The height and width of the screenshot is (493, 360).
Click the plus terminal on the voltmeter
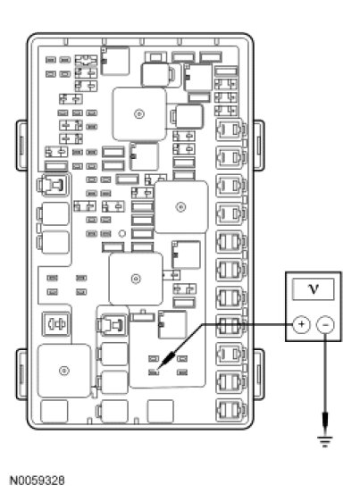(x=302, y=324)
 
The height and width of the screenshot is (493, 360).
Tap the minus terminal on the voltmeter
(x=325, y=325)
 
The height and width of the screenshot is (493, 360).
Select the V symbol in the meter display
(x=314, y=288)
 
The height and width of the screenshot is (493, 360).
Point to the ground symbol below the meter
(x=325, y=441)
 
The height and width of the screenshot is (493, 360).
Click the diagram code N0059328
(x=38, y=480)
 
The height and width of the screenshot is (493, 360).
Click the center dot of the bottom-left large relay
(x=63, y=371)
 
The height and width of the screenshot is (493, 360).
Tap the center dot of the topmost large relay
(x=139, y=113)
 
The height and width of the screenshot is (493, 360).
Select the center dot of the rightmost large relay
(x=180, y=207)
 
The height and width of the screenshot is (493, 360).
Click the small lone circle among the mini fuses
(x=122, y=234)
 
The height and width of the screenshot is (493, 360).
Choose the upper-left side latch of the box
(x=22, y=146)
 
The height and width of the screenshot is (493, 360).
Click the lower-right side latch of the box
(x=259, y=374)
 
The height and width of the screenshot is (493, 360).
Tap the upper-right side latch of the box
(x=259, y=146)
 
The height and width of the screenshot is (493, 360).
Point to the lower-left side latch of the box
(x=22, y=374)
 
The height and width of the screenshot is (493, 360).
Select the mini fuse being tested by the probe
(x=154, y=372)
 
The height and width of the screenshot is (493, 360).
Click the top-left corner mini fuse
(x=51, y=60)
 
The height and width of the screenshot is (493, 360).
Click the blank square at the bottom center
(x=161, y=411)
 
